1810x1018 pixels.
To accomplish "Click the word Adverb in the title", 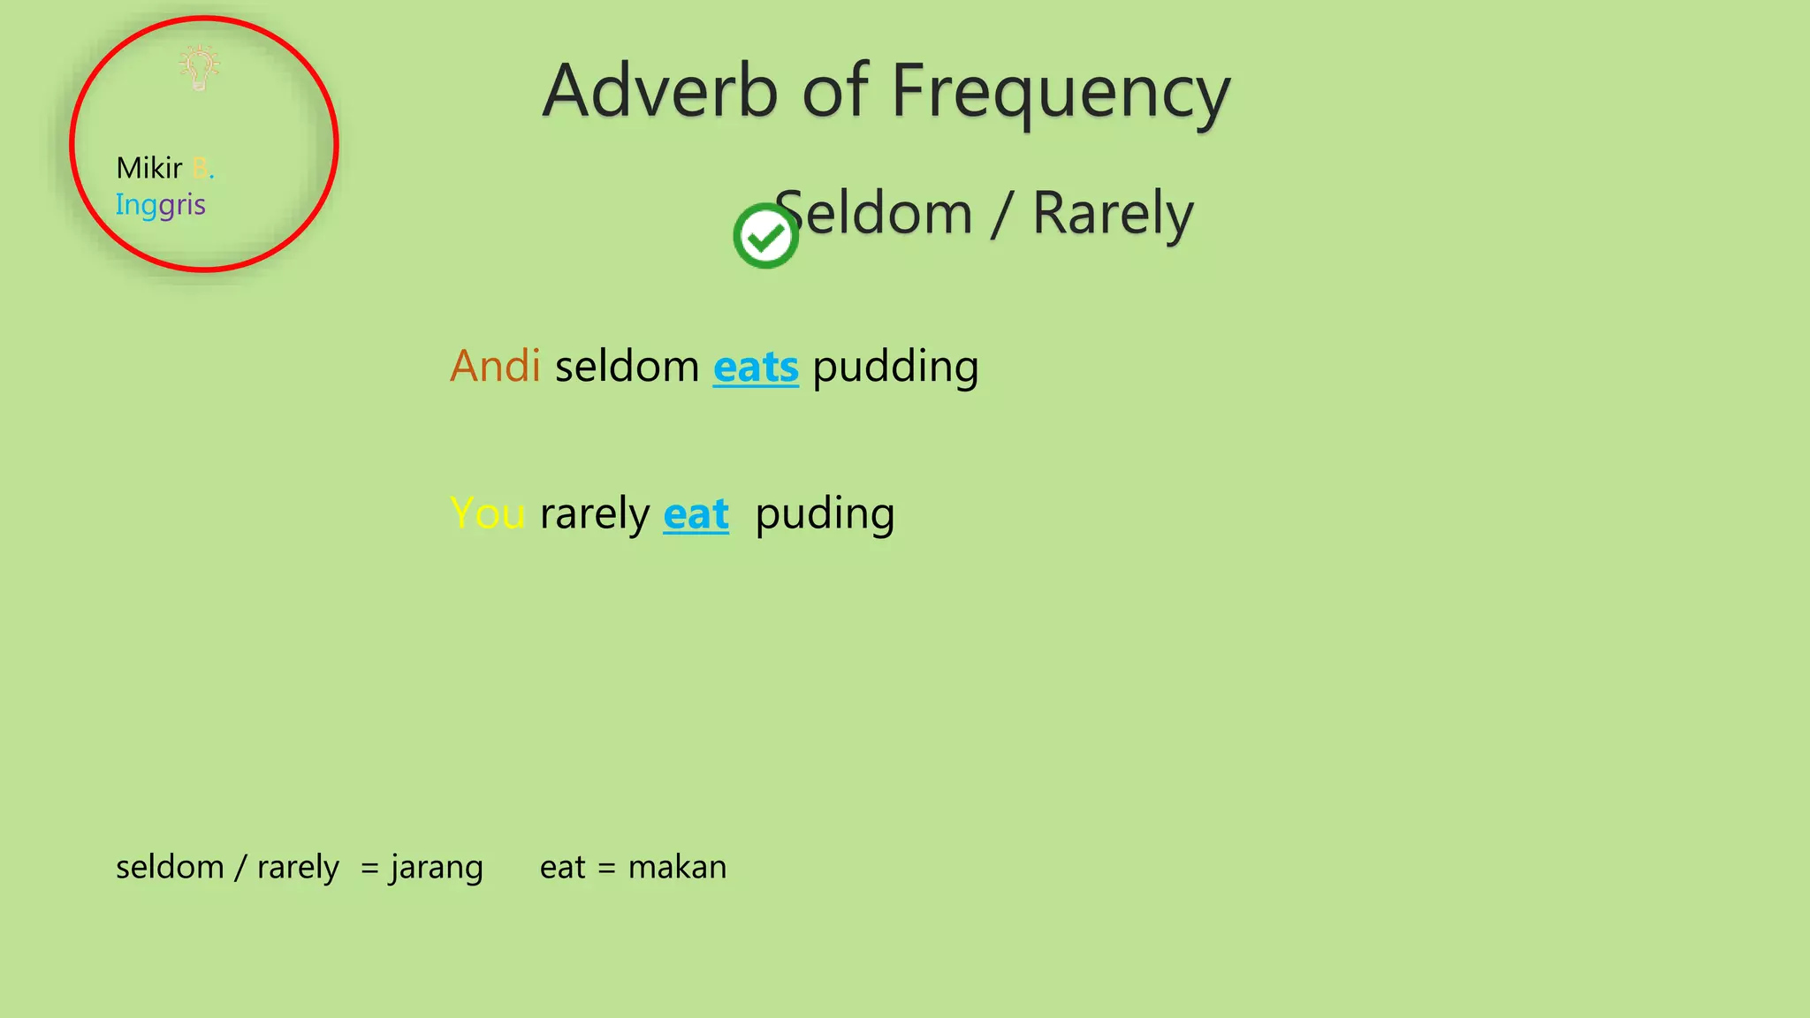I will (x=660, y=91).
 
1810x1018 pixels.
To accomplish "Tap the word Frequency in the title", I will (x=1061, y=93).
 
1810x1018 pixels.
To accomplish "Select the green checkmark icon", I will (x=765, y=236).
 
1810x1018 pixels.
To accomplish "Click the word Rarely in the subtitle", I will (x=1113, y=214).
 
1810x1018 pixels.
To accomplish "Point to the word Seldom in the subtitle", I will (x=875, y=214).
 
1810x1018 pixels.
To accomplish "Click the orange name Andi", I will (x=495, y=366).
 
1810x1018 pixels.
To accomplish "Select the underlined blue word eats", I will (x=756, y=367).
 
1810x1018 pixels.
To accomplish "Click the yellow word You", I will (x=487, y=513).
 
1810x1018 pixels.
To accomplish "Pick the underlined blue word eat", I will (x=696, y=514).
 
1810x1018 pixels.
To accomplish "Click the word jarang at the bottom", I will (x=437, y=868).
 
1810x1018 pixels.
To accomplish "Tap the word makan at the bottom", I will (x=677, y=867).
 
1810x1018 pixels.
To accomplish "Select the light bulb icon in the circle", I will (x=199, y=68).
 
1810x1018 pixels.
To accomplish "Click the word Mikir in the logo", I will (x=149, y=168).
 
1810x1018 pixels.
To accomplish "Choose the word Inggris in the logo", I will (x=160, y=205).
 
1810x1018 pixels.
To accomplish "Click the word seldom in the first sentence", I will (x=627, y=366).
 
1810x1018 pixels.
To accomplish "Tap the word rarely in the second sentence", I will (x=594, y=514).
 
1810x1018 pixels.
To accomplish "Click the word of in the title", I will (x=833, y=91).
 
